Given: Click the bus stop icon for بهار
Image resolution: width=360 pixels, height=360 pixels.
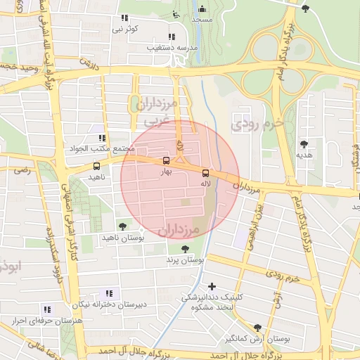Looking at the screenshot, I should pos(166,160).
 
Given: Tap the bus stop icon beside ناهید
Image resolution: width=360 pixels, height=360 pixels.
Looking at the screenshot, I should pos(96,167).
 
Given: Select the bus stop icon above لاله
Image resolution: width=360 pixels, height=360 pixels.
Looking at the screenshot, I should pos(205,173).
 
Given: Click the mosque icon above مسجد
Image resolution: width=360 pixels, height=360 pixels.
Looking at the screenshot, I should pos(202,9).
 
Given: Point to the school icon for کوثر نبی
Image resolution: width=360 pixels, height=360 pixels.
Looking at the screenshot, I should pos(124,18).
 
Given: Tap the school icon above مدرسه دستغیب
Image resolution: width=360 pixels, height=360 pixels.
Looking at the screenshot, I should pos(171,37).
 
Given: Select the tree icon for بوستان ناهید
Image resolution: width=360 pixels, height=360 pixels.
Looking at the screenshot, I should pos(123,226).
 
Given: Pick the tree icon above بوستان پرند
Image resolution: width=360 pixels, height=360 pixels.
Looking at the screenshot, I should pos(185,249).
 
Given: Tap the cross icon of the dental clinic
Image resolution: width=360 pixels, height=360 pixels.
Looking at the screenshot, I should pos(212,285).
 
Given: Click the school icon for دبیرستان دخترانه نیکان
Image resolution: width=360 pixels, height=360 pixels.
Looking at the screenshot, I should pos(108,292).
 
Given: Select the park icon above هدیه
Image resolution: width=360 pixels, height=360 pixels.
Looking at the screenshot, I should pos(304,143).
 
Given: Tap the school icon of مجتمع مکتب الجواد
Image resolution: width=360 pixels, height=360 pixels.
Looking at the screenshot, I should pos(102,139).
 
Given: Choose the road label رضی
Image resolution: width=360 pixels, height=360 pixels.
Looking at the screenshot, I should pos(23,169).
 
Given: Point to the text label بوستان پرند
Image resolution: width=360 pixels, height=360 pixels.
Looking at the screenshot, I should pos(184,260).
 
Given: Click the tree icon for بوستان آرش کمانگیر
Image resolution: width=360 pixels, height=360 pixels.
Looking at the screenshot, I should pos(258,328).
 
